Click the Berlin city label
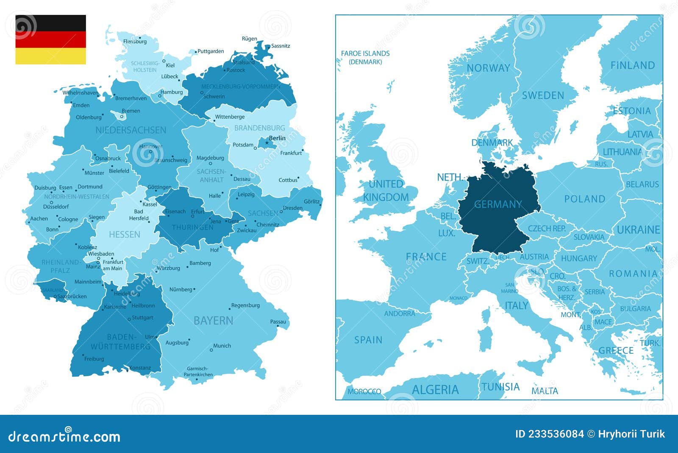[x=277, y=138]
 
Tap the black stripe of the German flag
[x=50, y=23]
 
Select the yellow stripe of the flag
[x=50, y=56]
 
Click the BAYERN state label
[x=213, y=321]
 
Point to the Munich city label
[x=222, y=346]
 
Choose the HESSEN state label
[x=124, y=235]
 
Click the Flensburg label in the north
[x=135, y=42]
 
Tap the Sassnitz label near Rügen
[x=281, y=46]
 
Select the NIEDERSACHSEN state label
[x=131, y=130]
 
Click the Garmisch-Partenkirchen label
[x=198, y=372]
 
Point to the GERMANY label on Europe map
[x=498, y=204]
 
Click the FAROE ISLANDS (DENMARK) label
[x=365, y=57]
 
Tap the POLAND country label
[x=584, y=199]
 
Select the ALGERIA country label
[x=435, y=389]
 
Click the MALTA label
[x=545, y=391]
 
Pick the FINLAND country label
[x=632, y=65]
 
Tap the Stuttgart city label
[x=142, y=318]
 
